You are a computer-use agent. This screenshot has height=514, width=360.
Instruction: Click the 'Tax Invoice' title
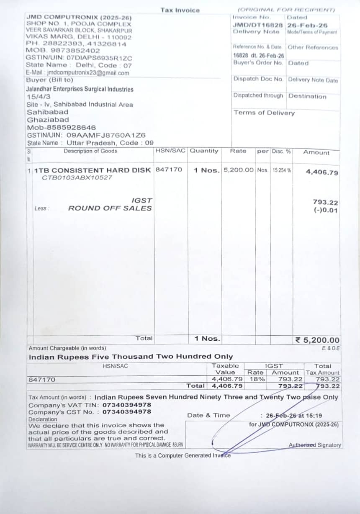tap(180, 10)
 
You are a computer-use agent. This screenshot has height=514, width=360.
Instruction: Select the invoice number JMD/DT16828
tap(257, 25)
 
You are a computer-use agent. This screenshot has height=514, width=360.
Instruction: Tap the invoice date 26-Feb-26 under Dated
tap(307, 25)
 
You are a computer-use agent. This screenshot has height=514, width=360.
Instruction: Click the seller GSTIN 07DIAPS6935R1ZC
tap(79, 58)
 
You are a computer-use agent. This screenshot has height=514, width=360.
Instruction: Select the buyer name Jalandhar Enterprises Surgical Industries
tap(80, 89)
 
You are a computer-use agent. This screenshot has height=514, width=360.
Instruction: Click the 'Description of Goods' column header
tap(90, 151)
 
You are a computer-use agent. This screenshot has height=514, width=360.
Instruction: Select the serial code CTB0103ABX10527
tap(77, 177)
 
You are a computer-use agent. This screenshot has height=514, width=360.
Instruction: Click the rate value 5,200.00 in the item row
tap(239, 170)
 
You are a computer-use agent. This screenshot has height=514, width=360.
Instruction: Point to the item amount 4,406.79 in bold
tap(322, 172)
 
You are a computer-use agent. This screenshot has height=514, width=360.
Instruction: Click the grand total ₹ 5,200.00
tap(318, 340)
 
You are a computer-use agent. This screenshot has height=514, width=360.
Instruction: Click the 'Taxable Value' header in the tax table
tap(225, 369)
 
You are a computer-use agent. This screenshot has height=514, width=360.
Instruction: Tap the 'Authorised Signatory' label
tap(315, 445)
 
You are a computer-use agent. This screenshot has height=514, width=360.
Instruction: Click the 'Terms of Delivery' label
tap(264, 113)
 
